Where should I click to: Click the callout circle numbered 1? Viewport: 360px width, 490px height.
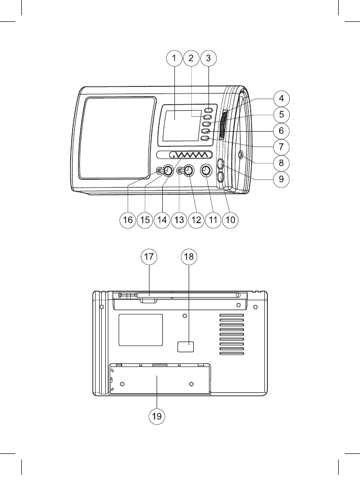point(174,58)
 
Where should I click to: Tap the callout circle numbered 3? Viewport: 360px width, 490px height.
point(208,58)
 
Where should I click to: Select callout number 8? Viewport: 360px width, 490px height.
point(280,163)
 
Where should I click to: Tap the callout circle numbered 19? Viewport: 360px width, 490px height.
point(157,416)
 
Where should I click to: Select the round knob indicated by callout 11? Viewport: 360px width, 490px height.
point(206,171)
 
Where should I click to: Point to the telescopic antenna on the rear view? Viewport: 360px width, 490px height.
point(178,294)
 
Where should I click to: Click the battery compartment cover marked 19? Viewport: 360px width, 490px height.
point(160,379)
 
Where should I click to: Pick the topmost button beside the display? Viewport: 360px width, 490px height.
point(208,110)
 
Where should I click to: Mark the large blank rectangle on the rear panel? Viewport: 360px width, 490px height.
point(140,329)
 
